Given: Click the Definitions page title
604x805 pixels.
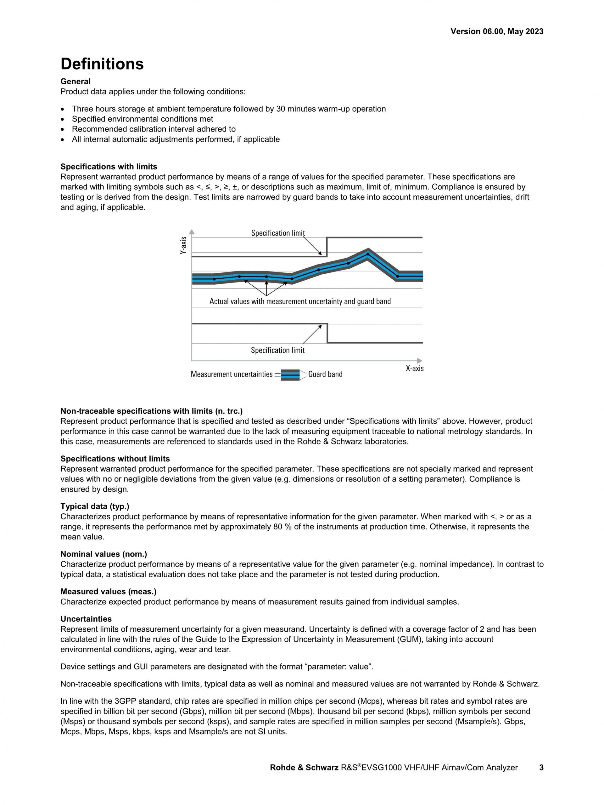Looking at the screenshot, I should point(102,64).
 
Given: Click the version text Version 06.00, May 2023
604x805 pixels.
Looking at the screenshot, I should point(497,32).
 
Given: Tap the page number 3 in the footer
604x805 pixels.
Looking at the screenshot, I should point(541,778).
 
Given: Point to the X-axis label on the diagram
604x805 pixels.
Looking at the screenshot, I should point(414,368).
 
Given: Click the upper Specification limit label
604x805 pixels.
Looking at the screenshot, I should point(278,233).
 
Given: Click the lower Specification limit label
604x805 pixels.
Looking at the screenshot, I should point(278,350).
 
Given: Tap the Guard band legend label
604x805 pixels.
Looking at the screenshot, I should point(325,374).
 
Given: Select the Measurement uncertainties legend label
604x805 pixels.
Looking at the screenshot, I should point(232,374).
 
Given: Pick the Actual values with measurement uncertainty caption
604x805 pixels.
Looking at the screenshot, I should point(300,301).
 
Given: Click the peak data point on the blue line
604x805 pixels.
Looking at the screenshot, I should point(368,254).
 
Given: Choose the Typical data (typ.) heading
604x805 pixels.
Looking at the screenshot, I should point(95,506).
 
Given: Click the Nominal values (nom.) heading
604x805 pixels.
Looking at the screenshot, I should point(104,554).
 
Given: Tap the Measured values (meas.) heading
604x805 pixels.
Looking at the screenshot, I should point(109,591).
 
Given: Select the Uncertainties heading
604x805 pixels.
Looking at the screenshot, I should point(86,619).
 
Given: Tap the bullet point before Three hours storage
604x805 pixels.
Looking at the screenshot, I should point(64,109).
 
